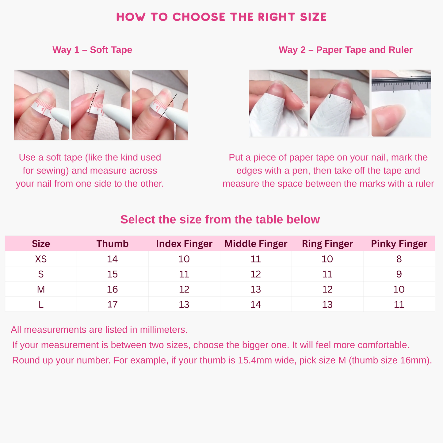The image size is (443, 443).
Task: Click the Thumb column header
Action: click(x=113, y=244)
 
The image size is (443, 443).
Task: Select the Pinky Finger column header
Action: click(x=399, y=244)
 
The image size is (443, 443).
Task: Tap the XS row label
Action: click(x=41, y=259)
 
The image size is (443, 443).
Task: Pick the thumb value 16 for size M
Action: click(x=113, y=289)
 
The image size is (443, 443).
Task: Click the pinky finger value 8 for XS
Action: click(x=399, y=259)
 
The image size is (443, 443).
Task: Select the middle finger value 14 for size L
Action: click(x=256, y=304)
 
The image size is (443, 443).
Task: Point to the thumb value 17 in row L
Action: click(x=113, y=304)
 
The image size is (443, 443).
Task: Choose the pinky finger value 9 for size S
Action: click(x=399, y=274)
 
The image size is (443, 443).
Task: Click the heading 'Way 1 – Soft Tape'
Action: click(x=92, y=50)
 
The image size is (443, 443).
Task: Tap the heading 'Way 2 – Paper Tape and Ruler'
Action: click(x=346, y=50)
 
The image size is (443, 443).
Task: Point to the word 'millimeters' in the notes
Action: click(x=163, y=330)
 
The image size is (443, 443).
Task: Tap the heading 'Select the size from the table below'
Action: click(x=220, y=220)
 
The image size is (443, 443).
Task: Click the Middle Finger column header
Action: click(x=256, y=244)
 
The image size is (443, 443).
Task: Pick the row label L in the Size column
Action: click(x=41, y=304)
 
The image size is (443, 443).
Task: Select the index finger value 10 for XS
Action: click(x=184, y=259)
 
